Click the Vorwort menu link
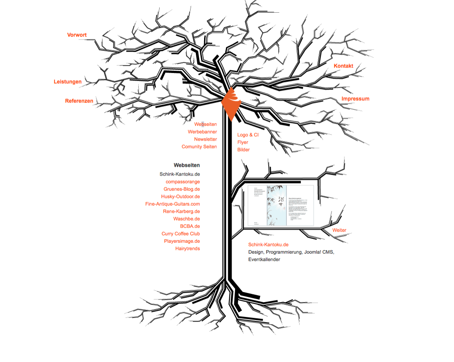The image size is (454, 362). (x=77, y=35)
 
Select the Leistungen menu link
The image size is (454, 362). (x=68, y=82)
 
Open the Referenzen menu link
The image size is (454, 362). (x=79, y=101)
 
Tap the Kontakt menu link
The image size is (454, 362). (x=343, y=66)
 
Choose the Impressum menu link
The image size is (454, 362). (x=355, y=99)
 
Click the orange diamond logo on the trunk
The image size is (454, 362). (x=231, y=103)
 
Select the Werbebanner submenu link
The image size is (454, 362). (x=202, y=132)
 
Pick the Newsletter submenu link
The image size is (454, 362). (x=205, y=139)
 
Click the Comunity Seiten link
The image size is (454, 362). (x=199, y=147)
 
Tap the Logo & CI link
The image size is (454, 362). (x=248, y=135)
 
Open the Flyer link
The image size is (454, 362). (x=243, y=142)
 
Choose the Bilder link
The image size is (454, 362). (x=243, y=150)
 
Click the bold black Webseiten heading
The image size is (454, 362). (x=187, y=165)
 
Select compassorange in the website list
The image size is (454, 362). (x=183, y=182)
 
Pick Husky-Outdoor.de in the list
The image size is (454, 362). (x=180, y=197)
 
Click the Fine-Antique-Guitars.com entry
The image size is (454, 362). (x=172, y=204)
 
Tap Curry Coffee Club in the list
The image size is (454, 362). (x=181, y=234)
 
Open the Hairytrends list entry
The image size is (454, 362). (x=188, y=248)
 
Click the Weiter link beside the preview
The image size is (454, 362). (x=339, y=230)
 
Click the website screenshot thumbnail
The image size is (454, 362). (x=280, y=205)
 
